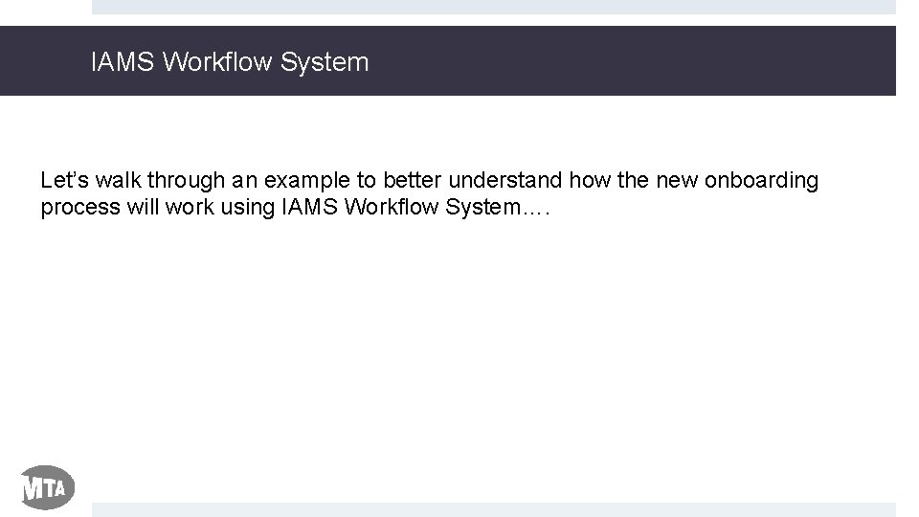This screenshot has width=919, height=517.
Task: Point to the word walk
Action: pos(117,181)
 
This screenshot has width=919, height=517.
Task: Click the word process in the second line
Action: pos(79,208)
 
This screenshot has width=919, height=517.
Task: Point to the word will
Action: pos(141,208)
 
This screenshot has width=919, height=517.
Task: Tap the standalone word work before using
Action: pos(187,208)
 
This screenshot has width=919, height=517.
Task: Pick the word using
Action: pos(248,208)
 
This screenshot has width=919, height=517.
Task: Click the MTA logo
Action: pos(47,488)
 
